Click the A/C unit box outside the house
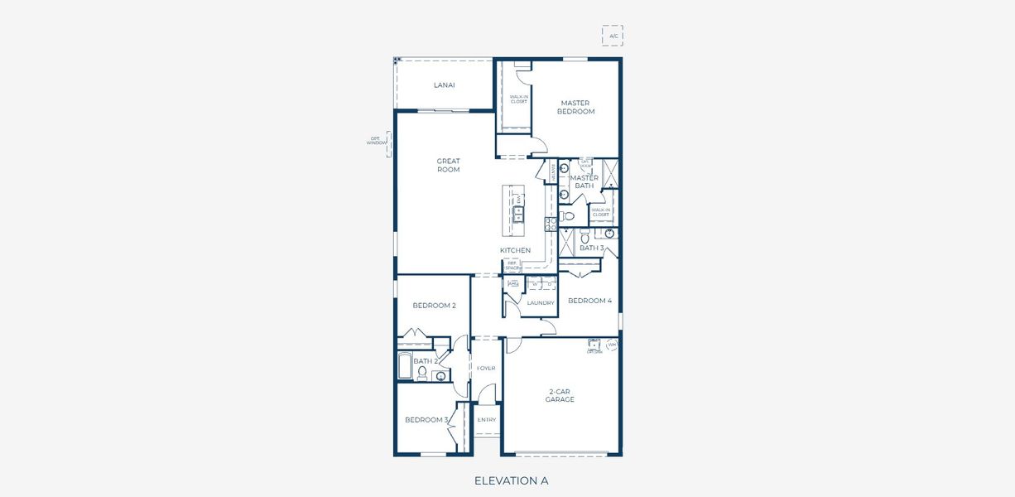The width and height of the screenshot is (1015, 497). pyautogui.click(x=613, y=36)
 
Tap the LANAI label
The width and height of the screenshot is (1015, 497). pyautogui.click(x=445, y=84)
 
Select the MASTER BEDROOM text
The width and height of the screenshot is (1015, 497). pyautogui.click(x=575, y=108)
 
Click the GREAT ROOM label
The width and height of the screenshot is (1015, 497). pyautogui.click(x=449, y=166)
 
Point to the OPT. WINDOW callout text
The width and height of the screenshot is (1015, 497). pyautogui.click(x=377, y=141)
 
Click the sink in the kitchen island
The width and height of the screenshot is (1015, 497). pyautogui.click(x=518, y=215)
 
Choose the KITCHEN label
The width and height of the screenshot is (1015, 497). pyautogui.click(x=515, y=250)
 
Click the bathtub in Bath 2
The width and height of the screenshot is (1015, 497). pyautogui.click(x=405, y=366)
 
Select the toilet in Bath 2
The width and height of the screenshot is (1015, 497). pyautogui.click(x=421, y=374)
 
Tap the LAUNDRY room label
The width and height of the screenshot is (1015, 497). pyautogui.click(x=541, y=303)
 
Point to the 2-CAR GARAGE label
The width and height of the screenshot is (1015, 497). pyautogui.click(x=560, y=395)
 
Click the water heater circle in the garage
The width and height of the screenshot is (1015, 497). pyautogui.click(x=612, y=345)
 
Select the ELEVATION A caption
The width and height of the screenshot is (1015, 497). pyautogui.click(x=511, y=480)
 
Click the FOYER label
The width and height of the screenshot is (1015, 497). pyautogui.click(x=486, y=368)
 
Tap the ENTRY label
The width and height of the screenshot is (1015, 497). pyautogui.click(x=487, y=420)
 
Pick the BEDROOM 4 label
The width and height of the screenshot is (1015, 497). pyautogui.click(x=589, y=301)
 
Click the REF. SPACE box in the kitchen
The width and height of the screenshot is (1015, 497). pyautogui.click(x=512, y=265)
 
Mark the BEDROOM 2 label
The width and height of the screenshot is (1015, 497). pyautogui.click(x=434, y=306)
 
